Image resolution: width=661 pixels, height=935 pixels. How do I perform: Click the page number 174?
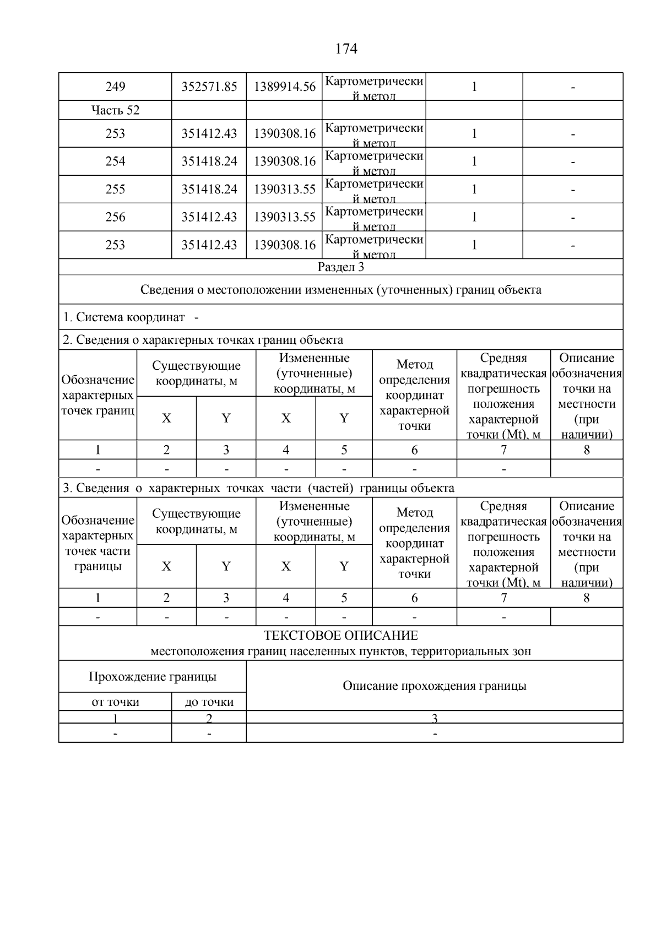tap(346, 49)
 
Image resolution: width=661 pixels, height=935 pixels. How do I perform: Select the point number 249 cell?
tap(115, 87)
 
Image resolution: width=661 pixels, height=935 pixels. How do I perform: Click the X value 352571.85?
tap(209, 87)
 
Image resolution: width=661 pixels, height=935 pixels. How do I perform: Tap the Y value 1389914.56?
tap(284, 87)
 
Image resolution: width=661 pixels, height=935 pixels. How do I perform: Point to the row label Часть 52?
tap(115, 110)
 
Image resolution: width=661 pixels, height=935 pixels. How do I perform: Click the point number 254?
tap(115, 161)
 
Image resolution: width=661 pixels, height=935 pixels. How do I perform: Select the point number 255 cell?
tap(115, 190)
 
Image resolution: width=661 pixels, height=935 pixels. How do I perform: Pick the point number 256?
tap(115, 217)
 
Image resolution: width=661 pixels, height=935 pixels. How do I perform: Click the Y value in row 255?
tap(284, 190)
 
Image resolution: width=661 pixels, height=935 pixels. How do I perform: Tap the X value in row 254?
tap(209, 161)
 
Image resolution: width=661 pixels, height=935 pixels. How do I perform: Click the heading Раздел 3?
tap(341, 267)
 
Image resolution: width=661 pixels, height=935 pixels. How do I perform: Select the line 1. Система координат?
tap(124, 317)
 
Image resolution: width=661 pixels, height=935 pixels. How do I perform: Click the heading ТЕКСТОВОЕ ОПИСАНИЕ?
tap(341, 635)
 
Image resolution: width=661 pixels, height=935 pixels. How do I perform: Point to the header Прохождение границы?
tap(153, 677)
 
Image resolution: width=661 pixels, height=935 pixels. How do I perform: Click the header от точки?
tap(115, 702)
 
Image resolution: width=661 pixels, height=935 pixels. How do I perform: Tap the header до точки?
tap(209, 702)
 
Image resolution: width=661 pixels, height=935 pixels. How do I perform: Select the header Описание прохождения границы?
tap(434, 685)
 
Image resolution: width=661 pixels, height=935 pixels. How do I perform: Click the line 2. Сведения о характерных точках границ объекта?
tap(203, 340)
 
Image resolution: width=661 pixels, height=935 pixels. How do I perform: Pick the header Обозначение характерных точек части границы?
tap(97, 543)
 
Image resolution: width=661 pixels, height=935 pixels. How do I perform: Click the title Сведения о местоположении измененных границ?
tap(341, 290)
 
